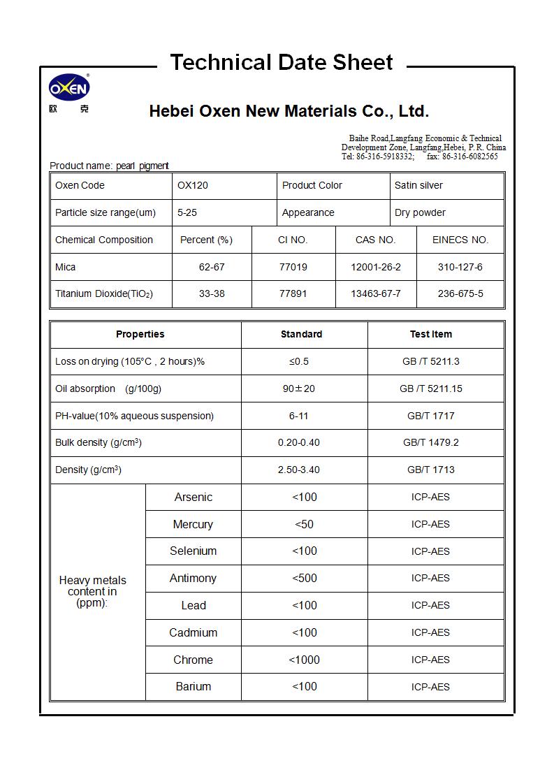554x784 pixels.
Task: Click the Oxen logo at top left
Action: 68,88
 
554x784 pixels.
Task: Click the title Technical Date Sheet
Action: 282,62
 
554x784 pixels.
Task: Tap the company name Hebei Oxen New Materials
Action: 289,111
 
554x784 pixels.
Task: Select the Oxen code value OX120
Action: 193,185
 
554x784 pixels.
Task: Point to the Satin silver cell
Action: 418,185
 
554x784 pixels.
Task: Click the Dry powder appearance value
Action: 420,212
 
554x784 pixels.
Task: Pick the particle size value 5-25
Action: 187,212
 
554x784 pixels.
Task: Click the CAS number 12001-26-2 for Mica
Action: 376,267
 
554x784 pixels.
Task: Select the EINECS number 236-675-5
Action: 460,293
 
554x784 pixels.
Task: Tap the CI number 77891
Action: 293,293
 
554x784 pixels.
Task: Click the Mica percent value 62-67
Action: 212,267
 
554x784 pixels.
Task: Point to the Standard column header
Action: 301,334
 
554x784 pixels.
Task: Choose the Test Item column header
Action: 430,334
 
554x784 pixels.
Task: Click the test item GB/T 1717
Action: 430,416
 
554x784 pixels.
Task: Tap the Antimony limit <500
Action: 305,578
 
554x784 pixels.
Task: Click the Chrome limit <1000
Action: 305,660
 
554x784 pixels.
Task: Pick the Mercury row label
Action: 193,524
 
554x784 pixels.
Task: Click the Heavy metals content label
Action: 92,591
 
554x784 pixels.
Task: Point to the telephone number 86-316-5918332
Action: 385,157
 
